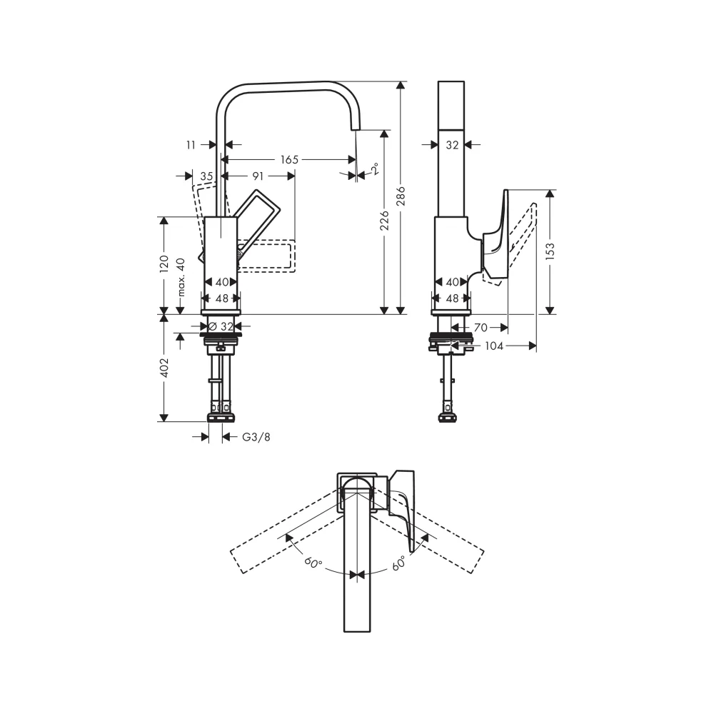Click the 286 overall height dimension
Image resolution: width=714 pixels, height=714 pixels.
pos(401,196)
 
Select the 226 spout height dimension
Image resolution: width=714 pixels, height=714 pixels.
pos(385,220)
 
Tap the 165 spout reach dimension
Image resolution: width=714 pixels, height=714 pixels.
pos(289,159)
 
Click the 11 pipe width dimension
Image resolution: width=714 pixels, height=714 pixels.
pos(191,145)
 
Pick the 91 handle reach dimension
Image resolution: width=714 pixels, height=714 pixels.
pos(258,176)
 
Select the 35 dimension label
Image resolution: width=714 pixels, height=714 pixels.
pos(207,176)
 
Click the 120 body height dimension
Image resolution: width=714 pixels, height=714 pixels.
pos(164,264)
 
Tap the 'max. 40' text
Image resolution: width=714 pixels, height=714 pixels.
pos(181,277)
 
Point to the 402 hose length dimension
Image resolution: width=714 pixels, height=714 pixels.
pos(164,368)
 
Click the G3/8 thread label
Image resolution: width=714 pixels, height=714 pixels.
pos(256,437)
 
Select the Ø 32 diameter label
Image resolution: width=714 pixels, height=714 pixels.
pos(221,326)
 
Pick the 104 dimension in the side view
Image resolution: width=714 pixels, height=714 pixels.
pos(494,346)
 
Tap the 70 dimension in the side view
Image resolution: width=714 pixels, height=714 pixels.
pos(481,328)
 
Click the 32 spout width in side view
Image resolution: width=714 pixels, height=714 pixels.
pos(452,145)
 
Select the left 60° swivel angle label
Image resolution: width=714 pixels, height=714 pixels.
pos(313,562)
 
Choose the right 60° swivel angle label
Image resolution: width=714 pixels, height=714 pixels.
pos(399,564)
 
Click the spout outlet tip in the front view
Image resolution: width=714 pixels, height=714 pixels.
pos(355,129)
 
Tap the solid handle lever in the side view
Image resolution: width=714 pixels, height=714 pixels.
pos(496,237)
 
